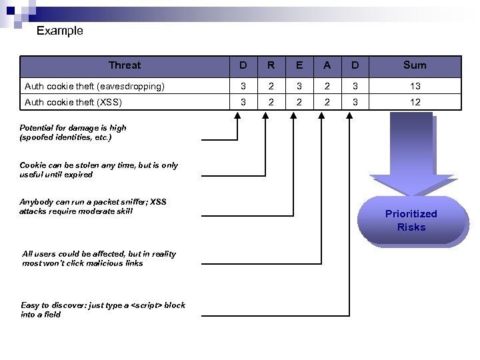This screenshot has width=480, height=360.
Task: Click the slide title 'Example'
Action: point(59,31)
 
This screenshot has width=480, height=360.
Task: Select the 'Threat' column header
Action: point(125,65)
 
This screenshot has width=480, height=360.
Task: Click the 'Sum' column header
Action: point(414,65)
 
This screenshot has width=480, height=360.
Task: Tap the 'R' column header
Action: point(271,65)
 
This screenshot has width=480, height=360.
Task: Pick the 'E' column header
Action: point(299,65)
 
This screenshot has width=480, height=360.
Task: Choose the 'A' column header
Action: point(327,65)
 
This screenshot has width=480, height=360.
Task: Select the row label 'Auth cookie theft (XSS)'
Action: point(73,102)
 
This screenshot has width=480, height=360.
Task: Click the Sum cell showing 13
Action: point(414,86)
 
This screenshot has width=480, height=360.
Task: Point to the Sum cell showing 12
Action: point(414,102)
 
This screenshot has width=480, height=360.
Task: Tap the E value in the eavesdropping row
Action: point(299,86)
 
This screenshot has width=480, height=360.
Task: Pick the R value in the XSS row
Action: point(271,102)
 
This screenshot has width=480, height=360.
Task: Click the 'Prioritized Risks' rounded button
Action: point(411,221)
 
